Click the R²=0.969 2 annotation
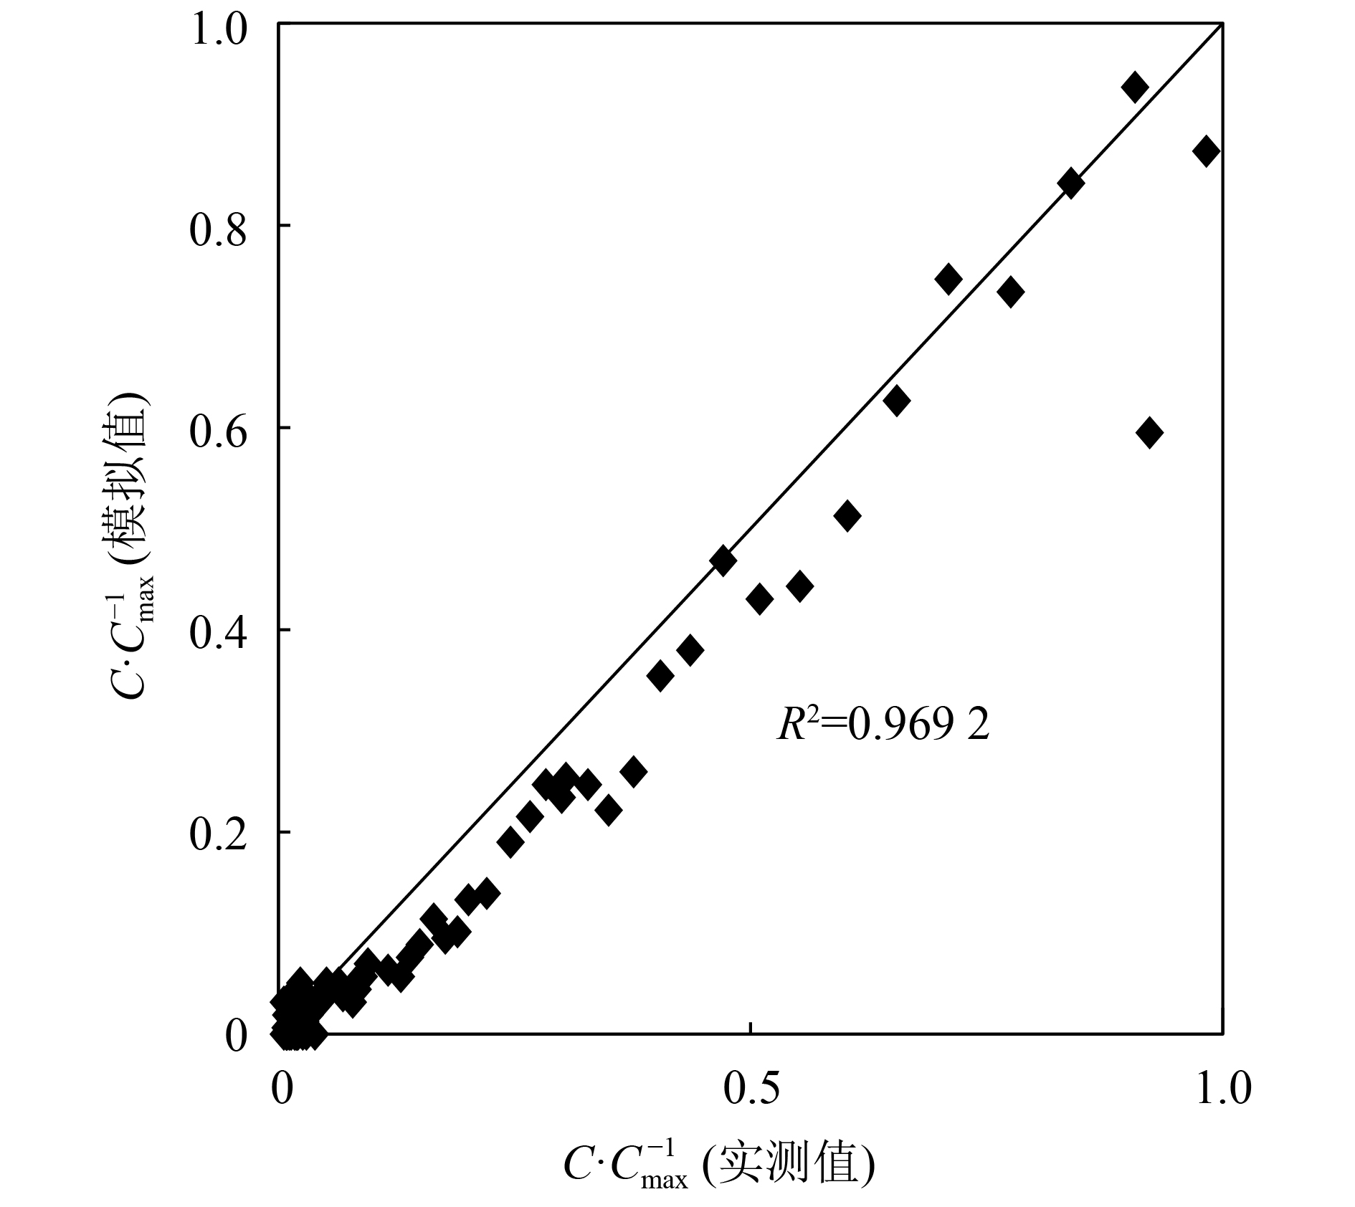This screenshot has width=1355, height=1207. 883,725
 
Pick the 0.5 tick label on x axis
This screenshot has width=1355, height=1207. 751,1089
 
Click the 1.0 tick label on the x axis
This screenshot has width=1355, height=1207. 1223,1089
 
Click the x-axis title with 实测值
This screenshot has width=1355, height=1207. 719,1164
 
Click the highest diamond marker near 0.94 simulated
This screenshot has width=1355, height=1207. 1134,87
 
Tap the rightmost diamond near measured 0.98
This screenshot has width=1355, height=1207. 1206,151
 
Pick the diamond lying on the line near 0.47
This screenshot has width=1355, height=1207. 723,560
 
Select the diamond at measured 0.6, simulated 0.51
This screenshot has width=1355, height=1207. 847,515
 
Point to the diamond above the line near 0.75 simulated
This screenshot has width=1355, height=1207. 949,279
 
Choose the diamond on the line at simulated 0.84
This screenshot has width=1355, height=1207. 1070,183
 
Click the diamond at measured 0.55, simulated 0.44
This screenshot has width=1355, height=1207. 799,586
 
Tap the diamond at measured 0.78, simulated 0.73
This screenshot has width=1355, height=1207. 1010,292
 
